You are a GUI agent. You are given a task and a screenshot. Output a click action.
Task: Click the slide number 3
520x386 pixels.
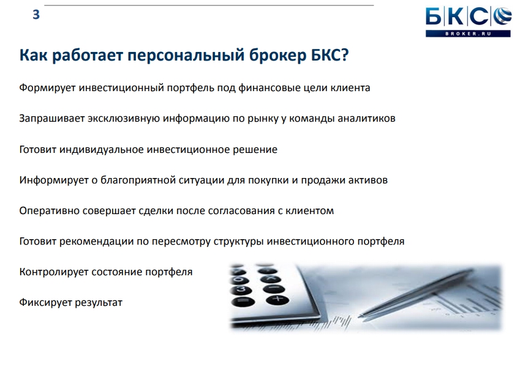point(36,15)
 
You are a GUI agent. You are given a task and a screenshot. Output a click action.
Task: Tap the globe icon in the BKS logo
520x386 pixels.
point(502,17)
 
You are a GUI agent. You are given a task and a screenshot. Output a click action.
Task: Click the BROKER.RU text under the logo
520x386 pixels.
point(468,34)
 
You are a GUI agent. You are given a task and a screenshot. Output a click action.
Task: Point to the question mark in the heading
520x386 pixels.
point(345,54)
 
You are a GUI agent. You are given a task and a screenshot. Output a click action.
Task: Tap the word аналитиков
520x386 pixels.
point(366,118)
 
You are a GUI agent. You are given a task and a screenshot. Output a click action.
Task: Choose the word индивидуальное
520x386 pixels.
point(102,150)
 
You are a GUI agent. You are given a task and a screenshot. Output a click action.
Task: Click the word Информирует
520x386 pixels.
point(54,180)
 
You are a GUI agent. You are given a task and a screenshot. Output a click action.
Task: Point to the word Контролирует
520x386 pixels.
point(54,272)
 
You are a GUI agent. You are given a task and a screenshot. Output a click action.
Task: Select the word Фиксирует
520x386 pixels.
point(45,303)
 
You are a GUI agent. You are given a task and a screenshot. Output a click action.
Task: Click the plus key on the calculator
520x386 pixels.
point(277,300)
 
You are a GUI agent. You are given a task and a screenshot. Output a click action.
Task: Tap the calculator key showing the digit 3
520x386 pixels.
point(241,289)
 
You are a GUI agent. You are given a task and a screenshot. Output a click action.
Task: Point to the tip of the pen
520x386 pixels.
point(360,317)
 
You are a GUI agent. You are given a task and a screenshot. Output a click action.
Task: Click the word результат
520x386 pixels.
point(99,303)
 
